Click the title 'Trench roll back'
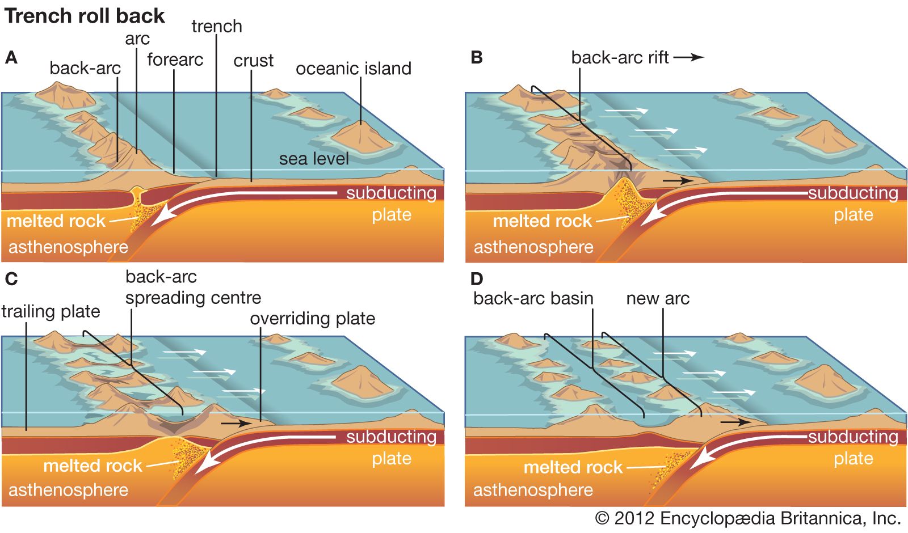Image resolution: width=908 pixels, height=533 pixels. click(85, 16)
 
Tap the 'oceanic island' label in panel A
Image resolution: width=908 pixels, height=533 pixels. click(353, 69)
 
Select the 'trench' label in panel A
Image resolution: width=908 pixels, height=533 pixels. click(216, 26)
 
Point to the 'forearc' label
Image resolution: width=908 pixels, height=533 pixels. click(175, 60)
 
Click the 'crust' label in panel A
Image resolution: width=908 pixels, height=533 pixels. click(253, 61)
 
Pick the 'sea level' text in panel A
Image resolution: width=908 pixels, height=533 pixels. click(314, 159)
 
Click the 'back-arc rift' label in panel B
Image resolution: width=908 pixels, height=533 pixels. click(620, 57)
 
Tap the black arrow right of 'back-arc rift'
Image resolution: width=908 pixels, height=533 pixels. click(689, 57)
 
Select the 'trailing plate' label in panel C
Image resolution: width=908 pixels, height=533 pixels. click(51, 311)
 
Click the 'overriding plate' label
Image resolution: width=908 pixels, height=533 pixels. click(312, 319)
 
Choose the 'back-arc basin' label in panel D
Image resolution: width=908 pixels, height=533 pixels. click(533, 298)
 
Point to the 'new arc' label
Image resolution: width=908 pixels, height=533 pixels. click(657, 298)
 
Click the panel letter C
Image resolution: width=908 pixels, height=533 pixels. click(11, 279)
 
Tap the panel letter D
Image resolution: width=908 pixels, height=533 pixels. click(477, 279)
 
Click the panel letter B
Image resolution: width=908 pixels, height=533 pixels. click(477, 58)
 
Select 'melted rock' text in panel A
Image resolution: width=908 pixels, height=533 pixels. click(56, 221)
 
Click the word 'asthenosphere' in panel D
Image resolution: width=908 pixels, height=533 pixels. click(533, 489)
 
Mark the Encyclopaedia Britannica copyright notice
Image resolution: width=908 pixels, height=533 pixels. click(747, 518)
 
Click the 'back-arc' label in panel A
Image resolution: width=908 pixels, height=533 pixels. click(85, 68)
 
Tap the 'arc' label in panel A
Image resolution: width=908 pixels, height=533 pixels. click(137, 39)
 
